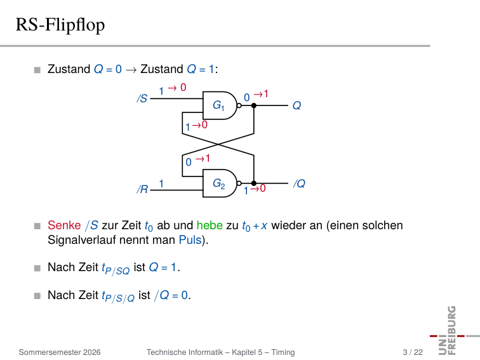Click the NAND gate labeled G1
tap(220, 105)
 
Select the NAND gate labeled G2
tap(220, 183)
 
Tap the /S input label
tap(142, 98)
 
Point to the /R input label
tap(142, 189)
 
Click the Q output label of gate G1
tap(297, 105)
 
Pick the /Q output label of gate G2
tap(299, 183)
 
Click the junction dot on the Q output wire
tap(254, 105)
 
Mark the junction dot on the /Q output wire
tap(254, 183)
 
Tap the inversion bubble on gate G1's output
tap(239, 105)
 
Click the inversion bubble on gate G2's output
tap(239, 183)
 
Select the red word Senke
tap(64, 225)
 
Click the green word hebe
tap(210, 225)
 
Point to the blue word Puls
tap(190, 240)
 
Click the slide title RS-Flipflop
tap(60, 25)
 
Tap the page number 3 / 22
tap(413, 352)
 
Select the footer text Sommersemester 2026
tap(60, 352)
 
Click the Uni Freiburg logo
tap(453, 331)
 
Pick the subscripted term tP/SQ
tap(116, 269)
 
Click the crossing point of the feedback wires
tap(218, 144)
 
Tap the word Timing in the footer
tap(283, 352)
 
